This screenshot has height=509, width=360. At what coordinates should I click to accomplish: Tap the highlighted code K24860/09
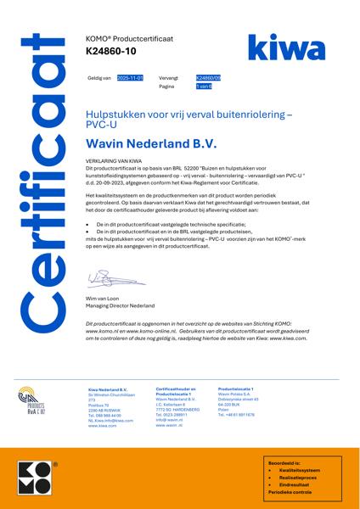coord(208,77)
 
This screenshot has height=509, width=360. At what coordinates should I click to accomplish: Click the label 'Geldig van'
coord(99,77)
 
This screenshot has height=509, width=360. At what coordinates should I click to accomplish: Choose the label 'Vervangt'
coord(168,77)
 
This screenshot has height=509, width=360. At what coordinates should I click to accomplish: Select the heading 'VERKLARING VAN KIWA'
coord(114,159)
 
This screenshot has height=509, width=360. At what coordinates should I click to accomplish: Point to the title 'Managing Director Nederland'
coord(120,305)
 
